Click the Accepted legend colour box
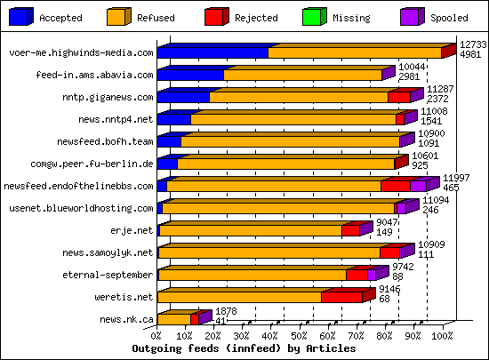(21, 17)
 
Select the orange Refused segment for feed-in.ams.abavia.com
(302, 76)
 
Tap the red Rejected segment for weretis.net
(341, 298)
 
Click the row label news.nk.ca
(127, 319)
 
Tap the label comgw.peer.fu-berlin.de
(104, 164)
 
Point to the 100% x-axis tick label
(442, 337)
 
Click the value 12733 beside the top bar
(471, 44)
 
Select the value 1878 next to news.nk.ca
(227, 311)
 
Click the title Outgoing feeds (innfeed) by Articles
(244, 349)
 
